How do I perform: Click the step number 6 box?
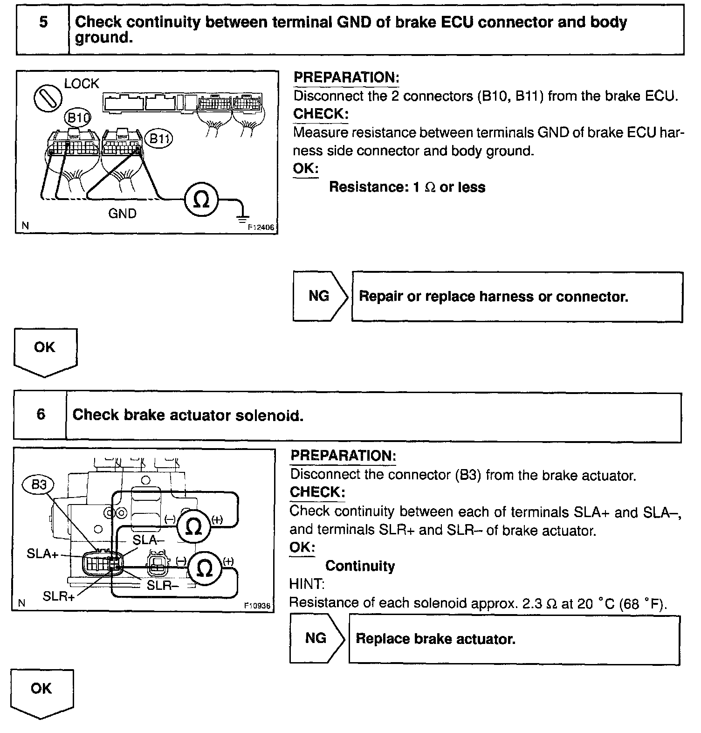pyautogui.click(x=41, y=415)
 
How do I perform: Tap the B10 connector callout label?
pyautogui.click(x=78, y=117)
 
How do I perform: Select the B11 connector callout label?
pyautogui.click(x=158, y=138)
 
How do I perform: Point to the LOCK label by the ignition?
pyautogui.click(x=82, y=84)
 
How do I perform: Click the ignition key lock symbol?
pyautogui.click(x=48, y=98)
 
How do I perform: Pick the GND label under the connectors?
pyautogui.click(x=122, y=214)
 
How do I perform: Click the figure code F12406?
pyautogui.click(x=261, y=228)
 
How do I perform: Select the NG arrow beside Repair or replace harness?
pyautogui.click(x=320, y=296)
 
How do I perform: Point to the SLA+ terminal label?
pyautogui.click(x=42, y=554)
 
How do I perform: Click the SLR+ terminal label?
pyautogui.click(x=59, y=596)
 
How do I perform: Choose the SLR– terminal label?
pyautogui.click(x=163, y=585)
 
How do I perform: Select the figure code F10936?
pyautogui.click(x=257, y=605)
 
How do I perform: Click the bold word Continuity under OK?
pyautogui.click(x=360, y=566)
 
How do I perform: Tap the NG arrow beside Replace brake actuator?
pyautogui.click(x=316, y=638)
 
